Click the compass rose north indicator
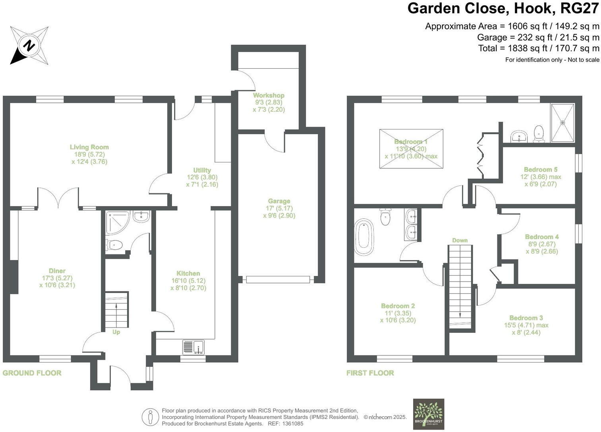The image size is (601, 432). (x=29, y=45)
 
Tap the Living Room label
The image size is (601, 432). (x=89, y=147)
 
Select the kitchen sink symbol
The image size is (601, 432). (x=193, y=347)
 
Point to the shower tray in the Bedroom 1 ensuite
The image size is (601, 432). (x=562, y=123)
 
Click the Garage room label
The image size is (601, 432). (x=279, y=201)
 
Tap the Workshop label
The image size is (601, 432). (x=269, y=95)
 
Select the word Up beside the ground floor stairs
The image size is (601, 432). (x=116, y=332)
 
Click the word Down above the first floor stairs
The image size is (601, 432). (x=460, y=240)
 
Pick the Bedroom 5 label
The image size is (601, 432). (x=540, y=170)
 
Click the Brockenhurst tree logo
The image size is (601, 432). (x=429, y=414)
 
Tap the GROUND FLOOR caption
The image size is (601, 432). (x=32, y=373)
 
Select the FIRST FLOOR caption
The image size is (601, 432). (x=370, y=373)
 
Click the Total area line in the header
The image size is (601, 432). (x=539, y=48)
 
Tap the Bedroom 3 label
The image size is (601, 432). (x=526, y=318)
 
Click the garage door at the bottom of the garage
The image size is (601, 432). (x=277, y=280)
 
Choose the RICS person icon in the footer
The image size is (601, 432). (x=150, y=417)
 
